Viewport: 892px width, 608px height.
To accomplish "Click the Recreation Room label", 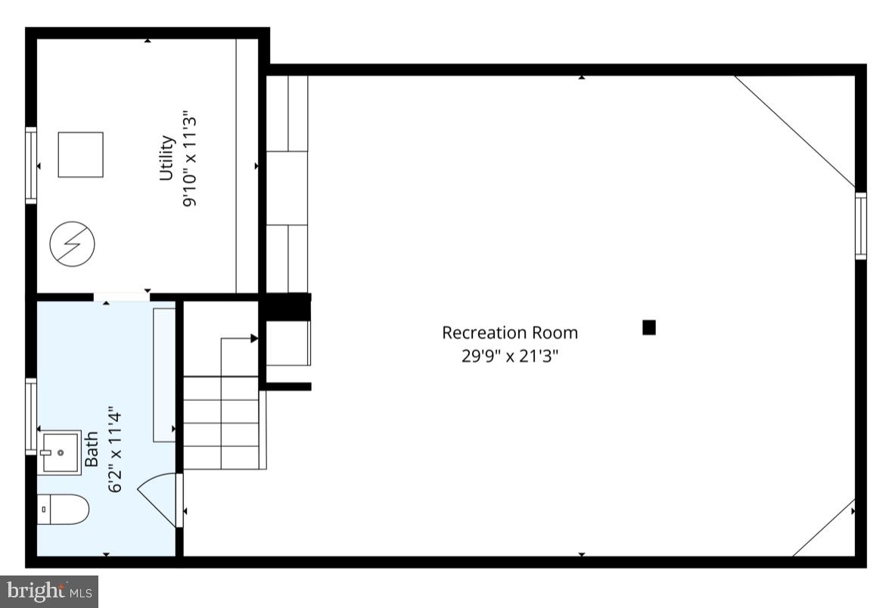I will pos(509,333).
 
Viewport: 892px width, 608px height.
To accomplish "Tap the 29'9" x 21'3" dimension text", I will pos(509,355).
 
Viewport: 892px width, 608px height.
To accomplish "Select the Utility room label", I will pos(166,158).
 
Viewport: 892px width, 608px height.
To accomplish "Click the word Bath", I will pos(92,449).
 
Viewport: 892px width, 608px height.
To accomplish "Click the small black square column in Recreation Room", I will pos(648,327).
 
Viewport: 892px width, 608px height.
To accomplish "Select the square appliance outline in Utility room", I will pos(80,154).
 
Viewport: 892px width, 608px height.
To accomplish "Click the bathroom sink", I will pos(61,452).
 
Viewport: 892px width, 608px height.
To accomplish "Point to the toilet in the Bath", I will pos(64,509).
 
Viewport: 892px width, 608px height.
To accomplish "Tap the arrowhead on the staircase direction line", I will pos(254,339).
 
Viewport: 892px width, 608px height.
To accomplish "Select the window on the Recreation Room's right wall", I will pos(860,226).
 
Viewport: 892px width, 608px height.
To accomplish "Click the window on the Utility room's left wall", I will pos(31,165).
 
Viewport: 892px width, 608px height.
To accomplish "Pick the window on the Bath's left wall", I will pos(31,417).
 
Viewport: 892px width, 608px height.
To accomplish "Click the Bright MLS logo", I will pos(49,591).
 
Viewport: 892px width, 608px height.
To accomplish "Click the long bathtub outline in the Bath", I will pos(163,374).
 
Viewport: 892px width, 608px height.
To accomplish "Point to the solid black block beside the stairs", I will pos(286,307).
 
